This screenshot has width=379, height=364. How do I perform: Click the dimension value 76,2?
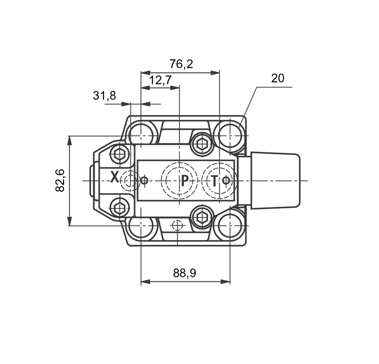pyautogui.click(x=181, y=64)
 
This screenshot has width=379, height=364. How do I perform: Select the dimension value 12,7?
pyautogui.click(x=160, y=80)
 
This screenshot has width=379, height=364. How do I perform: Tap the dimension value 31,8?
pyautogui.click(x=104, y=96)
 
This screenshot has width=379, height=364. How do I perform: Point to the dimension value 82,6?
pyautogui.click(x=60, y=181)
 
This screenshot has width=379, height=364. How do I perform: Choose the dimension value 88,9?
pyautogui.click(x=185, y=273)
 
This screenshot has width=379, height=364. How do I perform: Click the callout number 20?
pyautogui.click(x=278, y=78)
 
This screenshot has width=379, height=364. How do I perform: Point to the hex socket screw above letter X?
pyautogui.click(x=120, y=154)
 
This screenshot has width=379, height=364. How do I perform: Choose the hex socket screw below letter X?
pyautogui.click(x=120, y=208)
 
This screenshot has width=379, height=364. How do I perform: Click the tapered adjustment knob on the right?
pyautogui.click(x=275, y=181)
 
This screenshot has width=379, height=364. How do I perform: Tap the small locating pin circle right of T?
pyautogui.click(x=226, y=180)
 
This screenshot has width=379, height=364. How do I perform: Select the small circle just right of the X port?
pyautogui.click(x=144, y=180)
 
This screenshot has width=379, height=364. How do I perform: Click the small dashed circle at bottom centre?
pyautogui.click(x=177, y=226)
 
